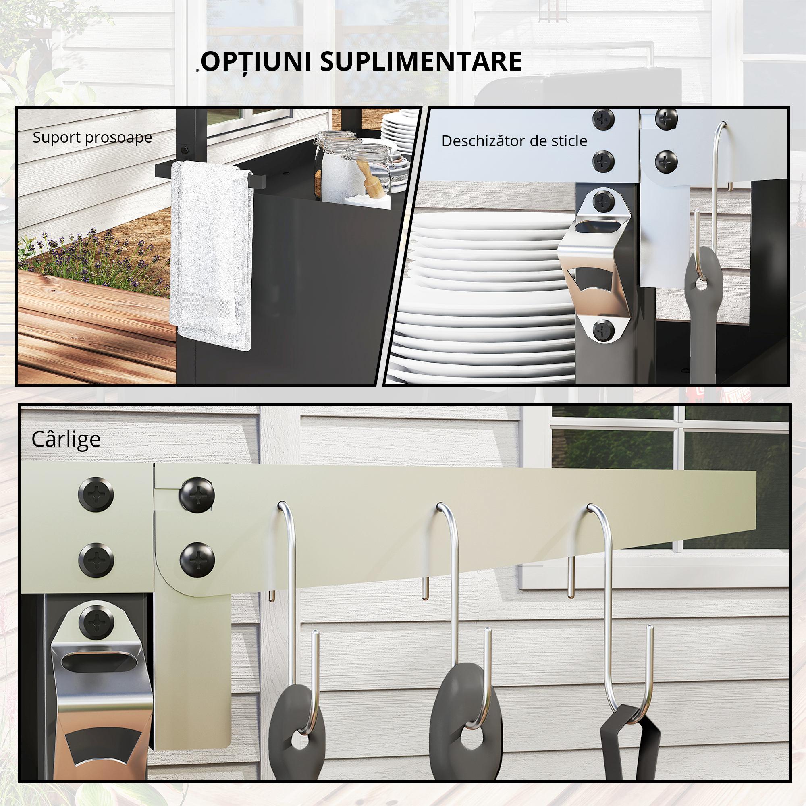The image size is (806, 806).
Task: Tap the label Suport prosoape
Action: point(92,137)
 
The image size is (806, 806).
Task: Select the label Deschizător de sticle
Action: point(514,141)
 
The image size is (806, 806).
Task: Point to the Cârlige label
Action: point(66,439)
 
